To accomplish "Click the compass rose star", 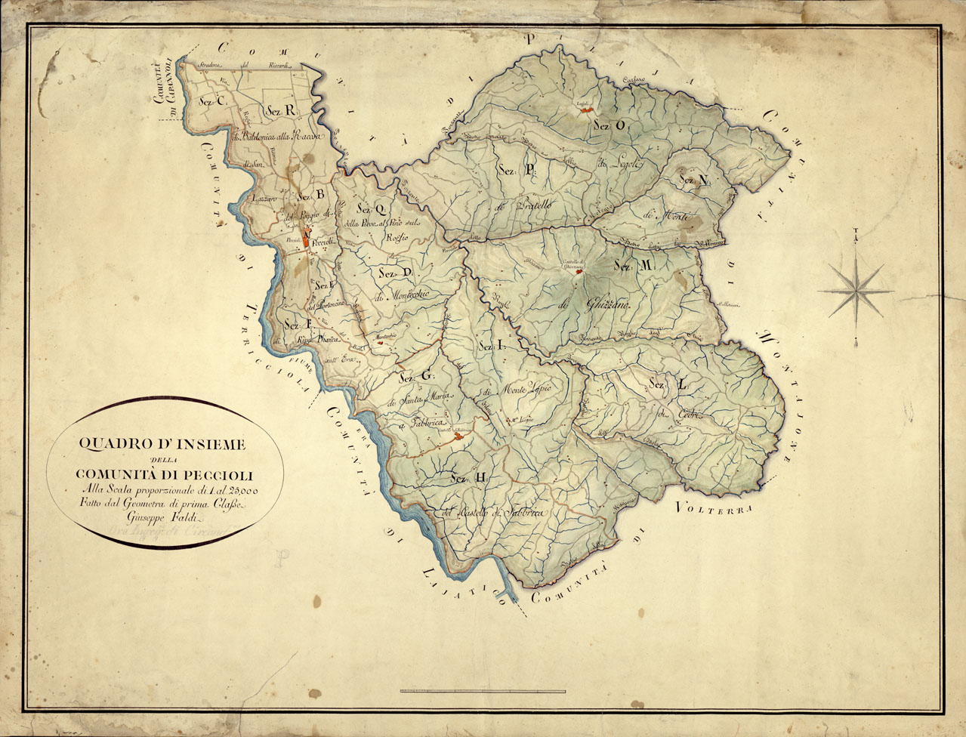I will pyautogui.click(x=855, y=287).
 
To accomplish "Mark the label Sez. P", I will pyautogui.click(x=517, y=171).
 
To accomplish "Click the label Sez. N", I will pyautogui.click(x=693, y=180).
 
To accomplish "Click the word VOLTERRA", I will pyautogui.click(x=715, y=508).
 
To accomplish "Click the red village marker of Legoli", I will pyautogui.click(x=583, y=109).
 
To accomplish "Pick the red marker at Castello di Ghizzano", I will pyautogui.click(x=579, y=273).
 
